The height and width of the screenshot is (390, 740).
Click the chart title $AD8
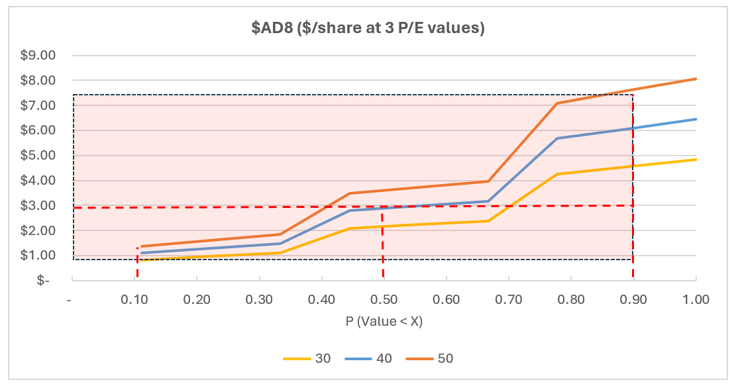coord(370,28)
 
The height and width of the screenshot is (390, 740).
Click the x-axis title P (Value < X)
coord(384,322)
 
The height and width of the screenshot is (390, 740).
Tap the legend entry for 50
coord(431,358)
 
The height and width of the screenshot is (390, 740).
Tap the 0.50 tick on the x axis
coord(384,299)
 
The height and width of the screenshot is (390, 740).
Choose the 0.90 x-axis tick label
coord(633,299)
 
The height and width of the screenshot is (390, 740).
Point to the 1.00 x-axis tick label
coord(696,299)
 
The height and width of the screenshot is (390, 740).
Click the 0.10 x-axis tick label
coord(134,299)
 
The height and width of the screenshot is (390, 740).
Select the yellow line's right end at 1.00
coord(696,160)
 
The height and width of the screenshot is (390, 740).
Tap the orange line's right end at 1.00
coord(696,79)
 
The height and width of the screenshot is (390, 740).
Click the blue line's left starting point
coord(141,253)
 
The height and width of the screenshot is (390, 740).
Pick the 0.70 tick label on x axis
coord(508,299)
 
